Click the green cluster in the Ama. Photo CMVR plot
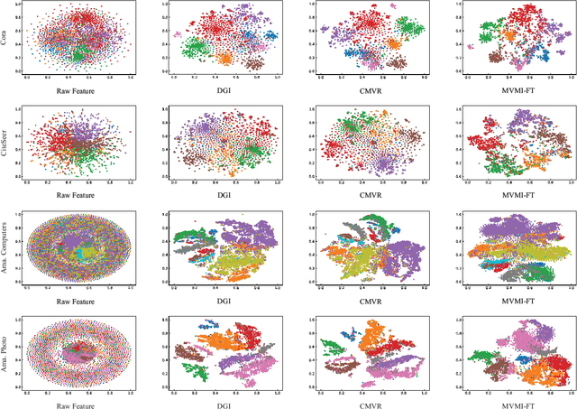point(333,346)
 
